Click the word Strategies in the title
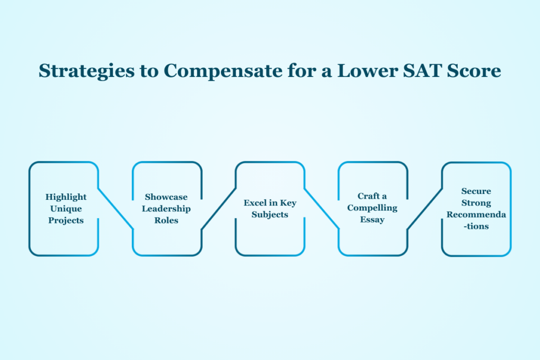pyautogui.click(x=86, y=71)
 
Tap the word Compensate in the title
pyautogui.click(x=223, y=71)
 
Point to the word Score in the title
pyautogui.click(x=474, y=71)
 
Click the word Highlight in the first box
pyautogui.click(x=66, y=197)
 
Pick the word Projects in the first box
pyautogui.click(x=66, y=220)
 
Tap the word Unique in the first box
pyautogui.click(x=66, y=209)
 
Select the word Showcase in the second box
pyautogui.click(x=166, y=197)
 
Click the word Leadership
pyautogui.click(x=166, y=209)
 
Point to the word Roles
pyautogui.click(x=166, y=220)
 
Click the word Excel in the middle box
pyautogui.click(x=255, y=203)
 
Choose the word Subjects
pyautogui.click(x=270, y=215)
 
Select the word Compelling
pyautogui.click(x=372, y=208)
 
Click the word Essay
pyautogui.click(x=372, y=220)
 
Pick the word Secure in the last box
pyautogui.click(x=476, y=191)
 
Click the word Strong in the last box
pyautogui.click(x=476, y=203)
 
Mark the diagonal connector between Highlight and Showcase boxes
pyautogui.click(x=115, y=209)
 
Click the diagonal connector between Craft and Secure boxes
pyautogui.click(x=425, y=209)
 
